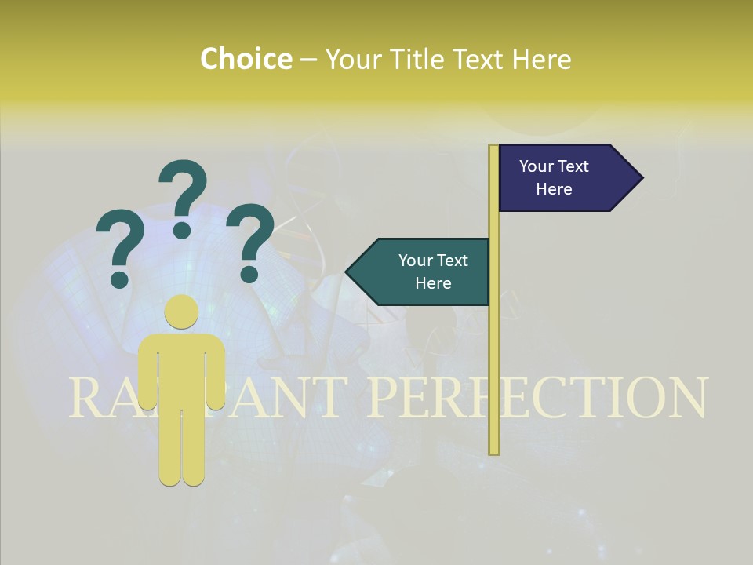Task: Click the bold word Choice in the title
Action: (x=246, y=59)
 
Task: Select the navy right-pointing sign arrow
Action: (x=565, y=178)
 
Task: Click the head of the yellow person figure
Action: (x=181, y=312)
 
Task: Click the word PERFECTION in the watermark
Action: (x=537, y=398)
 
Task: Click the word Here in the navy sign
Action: (x=554, y=189)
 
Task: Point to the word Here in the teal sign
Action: (x=433, y=283)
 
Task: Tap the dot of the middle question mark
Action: (x=182, y=230)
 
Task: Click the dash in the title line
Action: (x=308, y=59)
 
